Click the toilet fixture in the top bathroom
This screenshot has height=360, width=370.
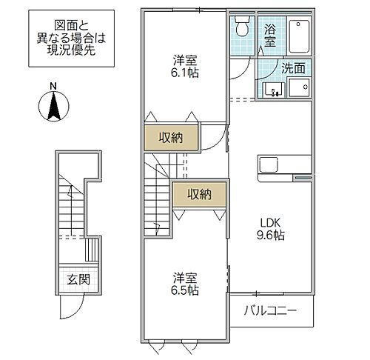point(243,29)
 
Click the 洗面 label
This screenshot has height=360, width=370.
point(293,67)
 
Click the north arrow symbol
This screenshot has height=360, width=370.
point(53,107)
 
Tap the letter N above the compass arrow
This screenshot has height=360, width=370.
point(53,86)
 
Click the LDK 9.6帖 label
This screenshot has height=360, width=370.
point(272,228)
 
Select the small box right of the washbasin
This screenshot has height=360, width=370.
point(299,87)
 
